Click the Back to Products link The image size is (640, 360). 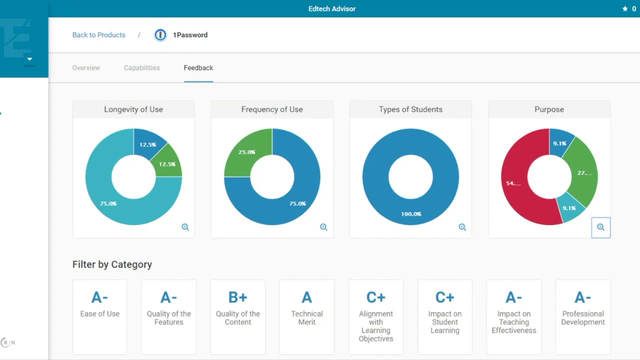tap(98, 35)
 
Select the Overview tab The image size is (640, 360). tap(86, 68)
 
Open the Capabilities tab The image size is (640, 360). tap(142, 68)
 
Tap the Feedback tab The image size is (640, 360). tap(198, 68)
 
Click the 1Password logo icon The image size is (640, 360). tap(160, 35)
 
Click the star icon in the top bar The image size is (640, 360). tap(625, 9)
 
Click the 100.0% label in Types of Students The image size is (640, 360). tap(411, 214)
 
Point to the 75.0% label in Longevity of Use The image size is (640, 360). tap(108, 203)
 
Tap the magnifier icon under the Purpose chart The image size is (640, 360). tap(600, 227)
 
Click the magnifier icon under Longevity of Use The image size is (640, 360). tap(185, 227)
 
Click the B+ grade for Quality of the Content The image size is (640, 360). tap(238, 297)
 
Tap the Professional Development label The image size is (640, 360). tap(583, 318)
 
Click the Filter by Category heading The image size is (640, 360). tap(112, 264)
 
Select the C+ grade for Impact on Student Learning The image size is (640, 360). tap(445, 297)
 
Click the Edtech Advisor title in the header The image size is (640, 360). tap(332, 9)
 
